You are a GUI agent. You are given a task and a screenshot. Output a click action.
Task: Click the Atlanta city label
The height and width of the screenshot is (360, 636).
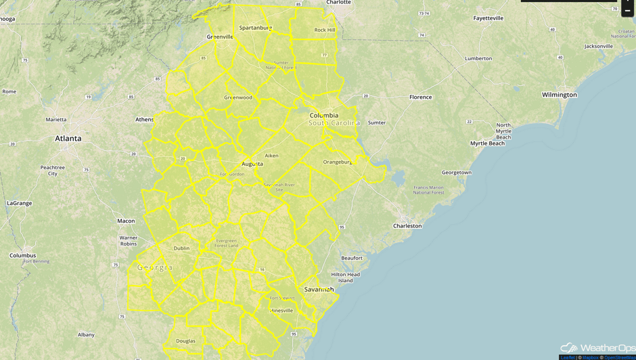click(x=68, y=138)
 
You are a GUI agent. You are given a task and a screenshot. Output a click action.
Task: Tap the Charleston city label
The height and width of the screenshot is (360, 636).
click(x=407, y=226)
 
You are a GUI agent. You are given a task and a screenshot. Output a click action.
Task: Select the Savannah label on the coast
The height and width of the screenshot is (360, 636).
click(x=319, y=289)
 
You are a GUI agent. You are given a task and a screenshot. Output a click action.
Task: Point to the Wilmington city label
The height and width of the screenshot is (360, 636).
click(x=559, y=95)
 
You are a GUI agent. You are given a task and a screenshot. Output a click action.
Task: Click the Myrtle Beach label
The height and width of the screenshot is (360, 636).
click(x=487, y=143)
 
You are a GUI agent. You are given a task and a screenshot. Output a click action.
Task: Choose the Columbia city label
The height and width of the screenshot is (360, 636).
click(x=323, y=115)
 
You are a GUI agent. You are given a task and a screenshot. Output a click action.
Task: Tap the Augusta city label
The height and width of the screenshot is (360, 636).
click(x=252, y=164)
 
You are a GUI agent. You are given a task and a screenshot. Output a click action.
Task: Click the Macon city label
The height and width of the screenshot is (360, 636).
click(x=126, y=221)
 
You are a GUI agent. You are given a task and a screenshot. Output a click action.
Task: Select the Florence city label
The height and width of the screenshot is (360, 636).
click(x=420, y=97)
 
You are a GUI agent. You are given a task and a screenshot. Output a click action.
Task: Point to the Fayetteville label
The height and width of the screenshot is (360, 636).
click(x=488, y=18)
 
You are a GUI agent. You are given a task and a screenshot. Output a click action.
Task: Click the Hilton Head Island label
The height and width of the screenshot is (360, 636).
click(x=345, y=277)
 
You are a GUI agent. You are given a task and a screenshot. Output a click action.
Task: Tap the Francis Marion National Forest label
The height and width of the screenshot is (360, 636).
click(x=428, y=189)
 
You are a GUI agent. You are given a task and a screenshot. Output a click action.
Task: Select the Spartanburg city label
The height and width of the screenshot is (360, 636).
click(x=255, y=28)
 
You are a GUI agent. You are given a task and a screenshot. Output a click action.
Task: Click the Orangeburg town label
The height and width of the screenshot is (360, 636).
click(x=337, y=162)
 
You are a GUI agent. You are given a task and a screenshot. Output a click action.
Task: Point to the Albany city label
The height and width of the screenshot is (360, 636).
click(x=86, y=334)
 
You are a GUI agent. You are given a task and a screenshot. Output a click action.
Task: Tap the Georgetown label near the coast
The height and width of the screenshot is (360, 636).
click(x=457, y=173)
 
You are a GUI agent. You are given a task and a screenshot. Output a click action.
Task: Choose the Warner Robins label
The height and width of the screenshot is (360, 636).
click(x=129, y=240)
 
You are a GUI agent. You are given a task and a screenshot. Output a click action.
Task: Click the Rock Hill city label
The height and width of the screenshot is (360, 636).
click(x=325, y=30)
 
